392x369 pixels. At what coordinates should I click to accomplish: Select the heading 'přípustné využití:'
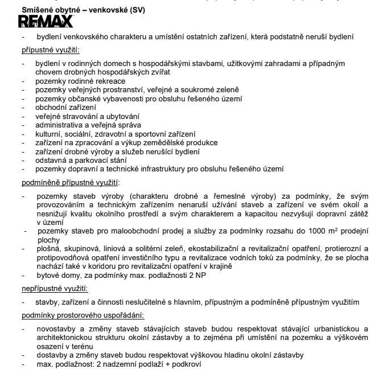[x=51, y=50]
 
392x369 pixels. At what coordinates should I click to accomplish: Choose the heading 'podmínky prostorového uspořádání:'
[x=82, y=315]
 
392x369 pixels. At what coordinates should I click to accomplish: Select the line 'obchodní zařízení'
[x=65, y=106]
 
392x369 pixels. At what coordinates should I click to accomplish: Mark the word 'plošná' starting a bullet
[x=48, y=249]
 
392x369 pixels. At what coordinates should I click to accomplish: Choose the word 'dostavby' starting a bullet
[x=53, y=355]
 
